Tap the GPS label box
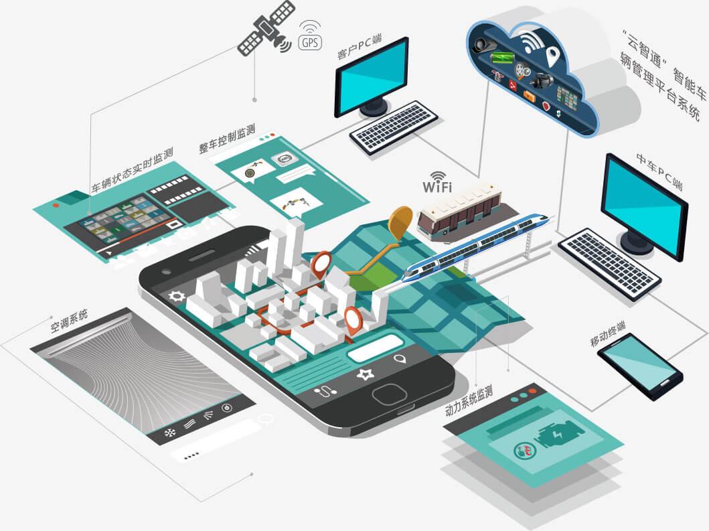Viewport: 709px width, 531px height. coord(309,43)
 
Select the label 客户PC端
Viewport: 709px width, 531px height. coord(360,48)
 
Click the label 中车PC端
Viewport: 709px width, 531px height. coord(659,171)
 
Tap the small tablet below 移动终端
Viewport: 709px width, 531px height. coord(639,366)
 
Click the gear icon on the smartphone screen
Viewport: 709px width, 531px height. coord(177,295)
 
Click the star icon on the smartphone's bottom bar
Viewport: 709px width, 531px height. coord(365,374)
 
